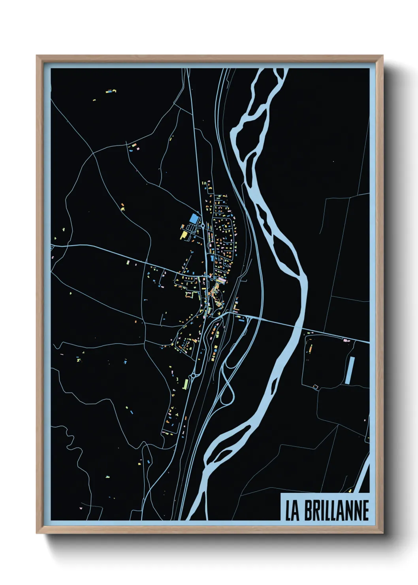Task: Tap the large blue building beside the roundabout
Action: (x=194, y=218)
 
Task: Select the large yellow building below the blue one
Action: (x=184, y=235)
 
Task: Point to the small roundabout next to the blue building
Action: (x=202, y=226)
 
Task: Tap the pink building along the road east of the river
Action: (x=346, y=340)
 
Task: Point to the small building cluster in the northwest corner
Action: (x=110, y=92)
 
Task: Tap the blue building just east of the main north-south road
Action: (x=212, y=258)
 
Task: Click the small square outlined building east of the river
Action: (x=315, y=386)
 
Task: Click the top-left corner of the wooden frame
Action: (x=37, y=56)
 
